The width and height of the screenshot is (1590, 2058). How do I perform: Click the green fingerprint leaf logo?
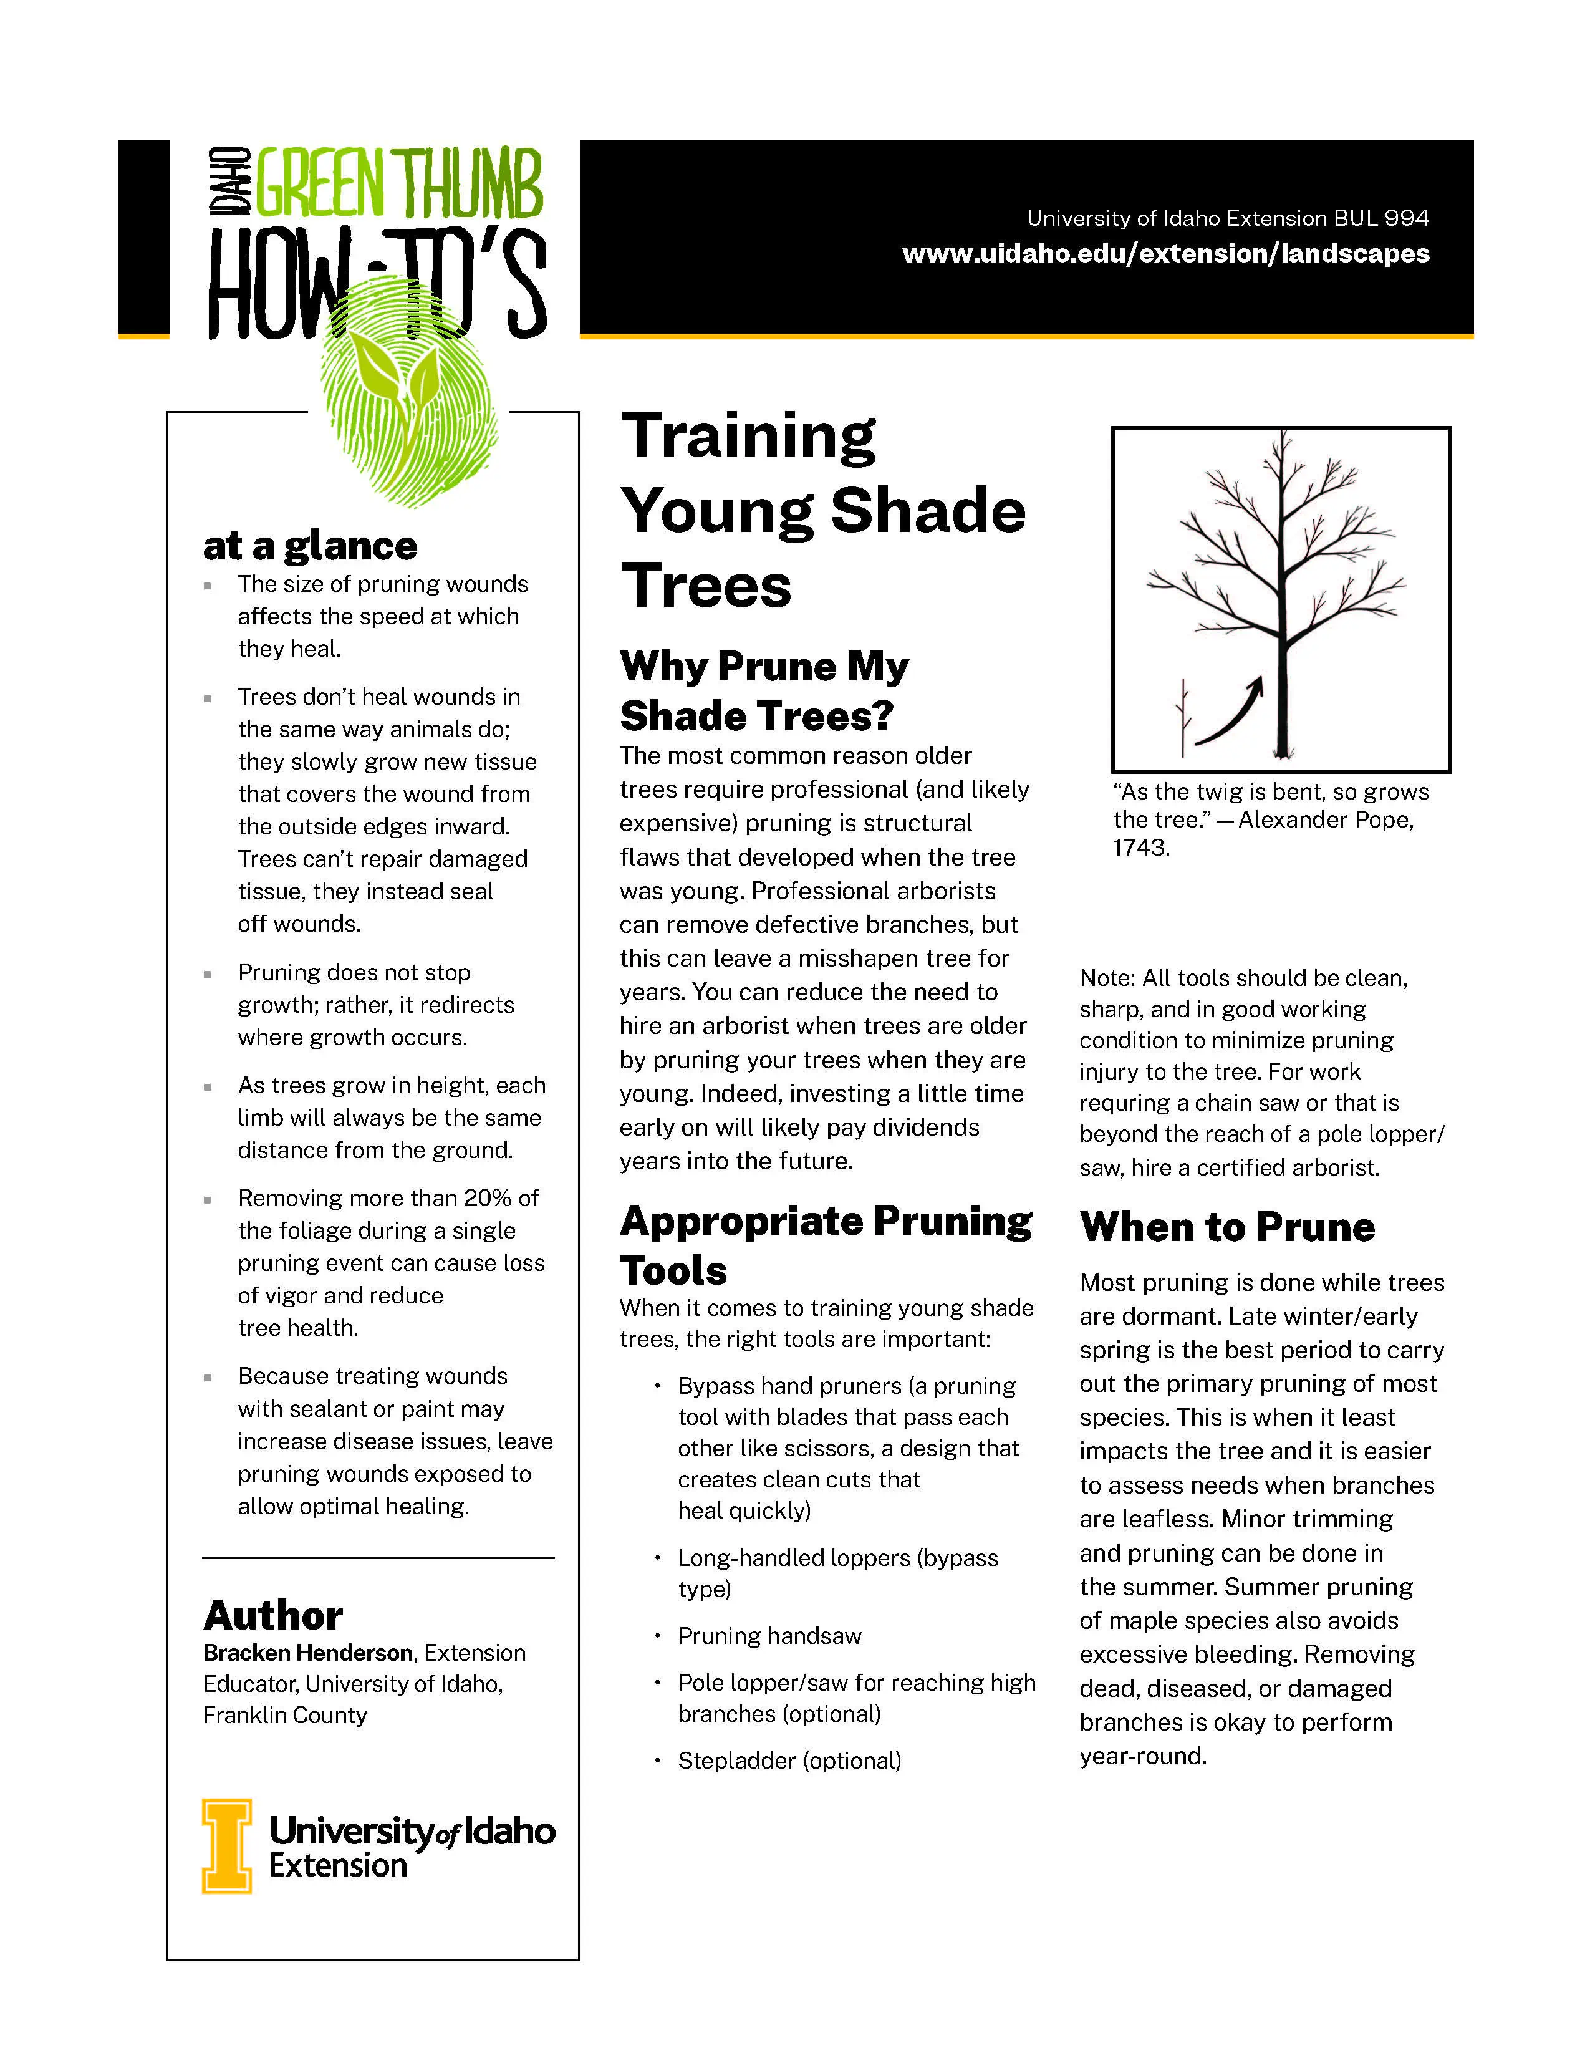pyautogui.click(x=410, y=415)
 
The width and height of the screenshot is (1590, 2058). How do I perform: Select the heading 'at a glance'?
pyautogui.click(x=310, y=546)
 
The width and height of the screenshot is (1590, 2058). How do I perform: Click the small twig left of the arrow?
pyautogui.click(x=1183, y=721)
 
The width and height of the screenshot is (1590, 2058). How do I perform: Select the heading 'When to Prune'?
pyautogui.click(x=1226, y=1227)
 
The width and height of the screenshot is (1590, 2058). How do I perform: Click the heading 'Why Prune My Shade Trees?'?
pyautogui.click(x=763, y=691)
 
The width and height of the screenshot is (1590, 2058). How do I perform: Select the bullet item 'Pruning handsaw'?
pyautogui.click(x=769, y=1636)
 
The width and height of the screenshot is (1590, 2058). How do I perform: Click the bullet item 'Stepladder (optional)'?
pyautogui.click(x=789, y=1761)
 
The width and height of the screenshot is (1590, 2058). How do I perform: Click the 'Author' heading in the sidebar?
pyautogui.click(x=273, y=1616)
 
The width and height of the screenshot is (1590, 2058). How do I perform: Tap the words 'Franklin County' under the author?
pyautogui.click(x=284, y=1715)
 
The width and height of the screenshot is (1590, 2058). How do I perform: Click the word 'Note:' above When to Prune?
pyautogui.click(x=1108, y=978)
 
